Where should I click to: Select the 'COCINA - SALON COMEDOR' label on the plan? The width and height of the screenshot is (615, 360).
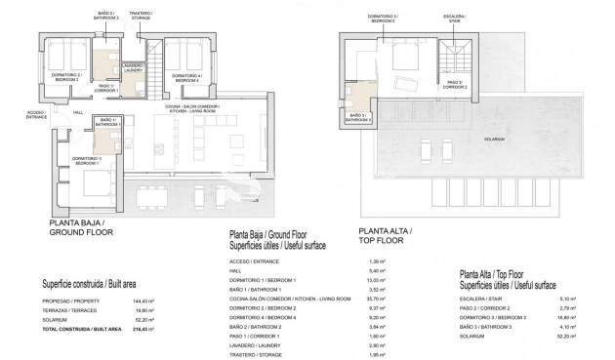click(x=191, y=107)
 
